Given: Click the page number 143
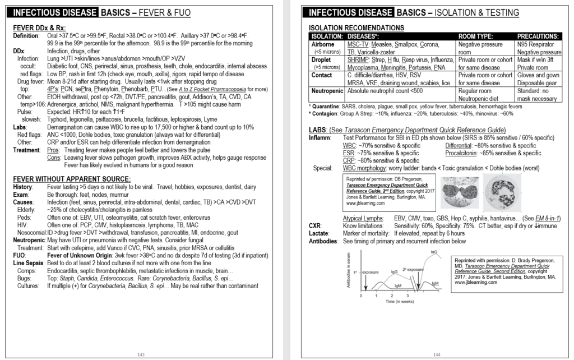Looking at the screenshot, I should click(x=141, y=354).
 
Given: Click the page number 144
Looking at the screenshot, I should click(x=437, y=354).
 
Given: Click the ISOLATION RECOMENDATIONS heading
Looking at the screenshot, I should click(x=356, y=27).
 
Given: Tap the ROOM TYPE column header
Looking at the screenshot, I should click(x=478, y=36).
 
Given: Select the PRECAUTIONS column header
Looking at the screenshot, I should click(x=538, y=36).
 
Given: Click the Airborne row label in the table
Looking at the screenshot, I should click(x=322, y=44).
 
